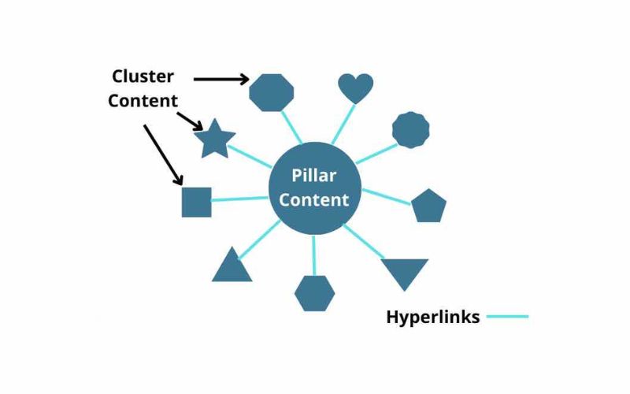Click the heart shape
point(355,87)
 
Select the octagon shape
point(271,92)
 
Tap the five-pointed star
point(214,139)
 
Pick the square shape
point(196,202)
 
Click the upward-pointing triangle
point(232,266)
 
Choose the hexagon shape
point(314,293)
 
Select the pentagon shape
point(428,206)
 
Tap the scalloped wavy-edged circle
point(411,130)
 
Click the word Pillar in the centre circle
point(313,175)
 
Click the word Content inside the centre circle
point(313,199)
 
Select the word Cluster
point(143,76)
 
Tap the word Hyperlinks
point(432,318)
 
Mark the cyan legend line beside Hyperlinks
point(507,317)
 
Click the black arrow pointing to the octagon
point(220,78)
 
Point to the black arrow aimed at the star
point(191,120)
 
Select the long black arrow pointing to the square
point(163,154)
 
